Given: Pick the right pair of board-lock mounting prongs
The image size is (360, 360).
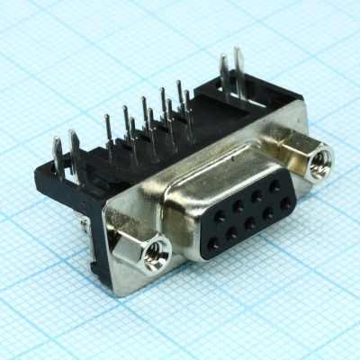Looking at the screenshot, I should click(x=230, y=73).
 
